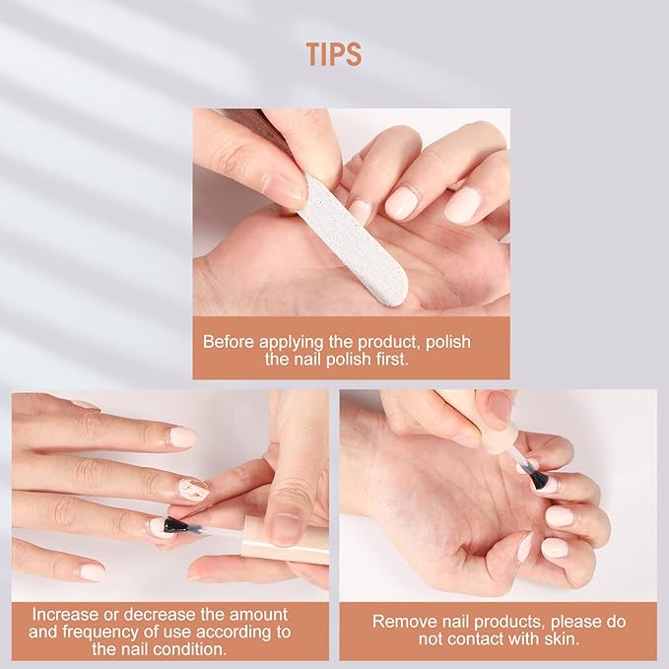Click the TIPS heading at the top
334,54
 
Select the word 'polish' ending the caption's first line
448,342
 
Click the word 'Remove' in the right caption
402,622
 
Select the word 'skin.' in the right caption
562,640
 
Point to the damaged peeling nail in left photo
193,490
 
